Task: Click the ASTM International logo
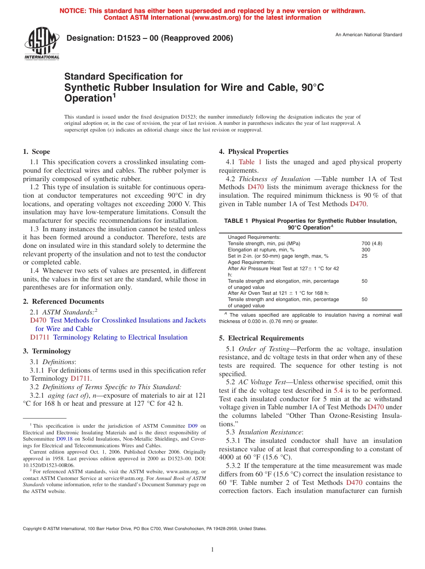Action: click(x=41, y=44)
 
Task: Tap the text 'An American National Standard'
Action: click(x=369, y=35)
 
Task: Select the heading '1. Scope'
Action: click(x=37, y=152)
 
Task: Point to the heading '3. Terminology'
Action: click(x=47, y=351)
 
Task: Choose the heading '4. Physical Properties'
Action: click(x=254, y=152)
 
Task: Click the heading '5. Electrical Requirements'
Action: click(x=261, y=338)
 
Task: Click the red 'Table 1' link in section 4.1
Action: click(x=250, y=162)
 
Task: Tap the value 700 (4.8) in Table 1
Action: click(x=372, y=243)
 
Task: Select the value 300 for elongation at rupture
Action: click(x=366, y=250)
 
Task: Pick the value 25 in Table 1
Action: click(x=364, y=256)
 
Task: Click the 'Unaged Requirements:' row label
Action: click(x=254, y=237)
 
